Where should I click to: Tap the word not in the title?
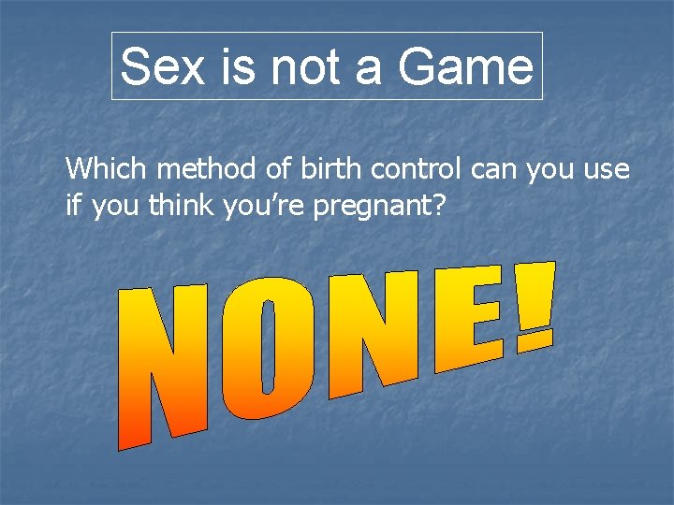(x=286, y=67)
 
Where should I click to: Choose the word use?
(x=607, y=169)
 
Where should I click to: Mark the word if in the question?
(x=72, y=206)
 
